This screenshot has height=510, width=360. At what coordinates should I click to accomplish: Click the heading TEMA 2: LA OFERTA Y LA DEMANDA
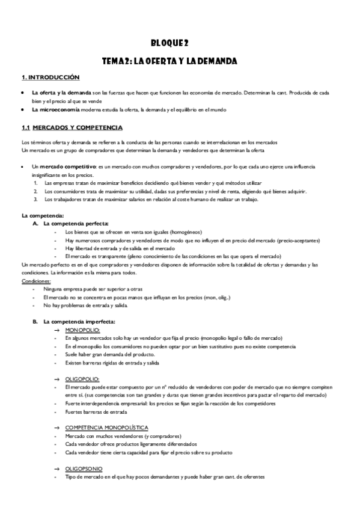[170, 61]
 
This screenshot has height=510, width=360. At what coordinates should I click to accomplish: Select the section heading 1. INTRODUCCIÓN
[50, 78]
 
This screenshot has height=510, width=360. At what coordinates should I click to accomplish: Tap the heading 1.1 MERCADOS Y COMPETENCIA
[72, 127]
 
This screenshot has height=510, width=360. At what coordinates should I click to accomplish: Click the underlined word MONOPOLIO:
[82, 331]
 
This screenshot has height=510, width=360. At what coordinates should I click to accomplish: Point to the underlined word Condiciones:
[36, 281]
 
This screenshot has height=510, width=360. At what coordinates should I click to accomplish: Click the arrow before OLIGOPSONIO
[56, 468]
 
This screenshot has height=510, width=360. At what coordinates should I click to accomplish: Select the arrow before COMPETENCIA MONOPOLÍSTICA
[56, 427]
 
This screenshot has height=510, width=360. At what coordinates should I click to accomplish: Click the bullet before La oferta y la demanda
[23, 93]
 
